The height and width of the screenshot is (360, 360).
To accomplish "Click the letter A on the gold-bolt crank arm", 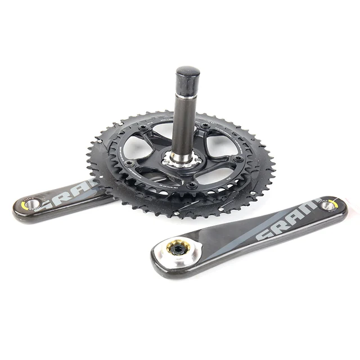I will pos(295,215).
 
